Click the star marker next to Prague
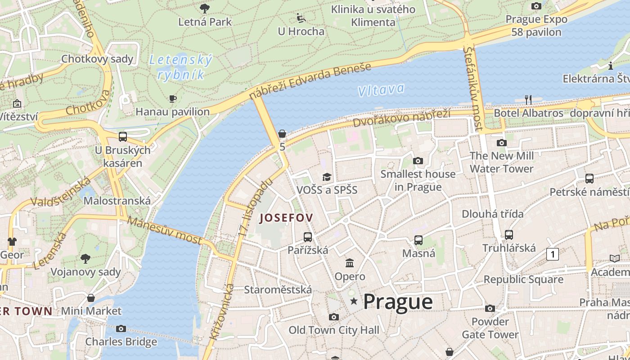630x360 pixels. click(x=354, y=301)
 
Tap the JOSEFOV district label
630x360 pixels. click(x=286, y=218)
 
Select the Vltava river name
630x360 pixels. click(x=381, y=90)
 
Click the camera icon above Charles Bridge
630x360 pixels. click(x=121, y=328)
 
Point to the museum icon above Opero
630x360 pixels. click(x=350, y=263)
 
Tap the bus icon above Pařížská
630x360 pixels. click(x=308, y=237)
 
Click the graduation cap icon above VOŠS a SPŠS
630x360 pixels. click(x=326, y=177)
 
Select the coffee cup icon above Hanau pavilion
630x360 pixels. click(x=172, y=99)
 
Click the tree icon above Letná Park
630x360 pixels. click(x=205, y=8)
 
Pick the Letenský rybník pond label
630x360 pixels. click(x=180, y=67)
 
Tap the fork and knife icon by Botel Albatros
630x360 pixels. click(x=528, y=99)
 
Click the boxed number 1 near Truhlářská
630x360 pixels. click(x=552, y=254)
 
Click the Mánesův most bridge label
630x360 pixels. click(x=165, y=230)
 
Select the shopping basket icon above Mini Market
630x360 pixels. click(x=91, y=298)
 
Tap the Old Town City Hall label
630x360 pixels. click(x=333, y=330)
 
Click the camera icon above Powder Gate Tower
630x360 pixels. click(x=490, y=308)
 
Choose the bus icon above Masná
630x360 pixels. click(x=418, y=240)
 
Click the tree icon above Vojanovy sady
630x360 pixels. click(x=85, y=258)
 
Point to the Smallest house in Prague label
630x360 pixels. click(x=418, y=180)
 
